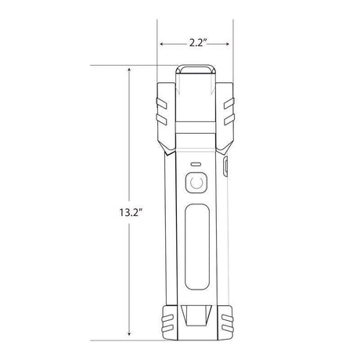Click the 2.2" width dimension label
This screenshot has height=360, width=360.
pyautogui.click(x=196, y=35)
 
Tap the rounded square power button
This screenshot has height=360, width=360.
pyautogui.click(x=196, y=185)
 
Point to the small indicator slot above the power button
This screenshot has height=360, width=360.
pyautogui.click(x=196, y=165)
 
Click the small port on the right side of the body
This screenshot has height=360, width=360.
pyautogui.click(x=225, y=166)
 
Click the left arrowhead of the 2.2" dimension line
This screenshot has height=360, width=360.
pyautogui.click(x=161, y=45)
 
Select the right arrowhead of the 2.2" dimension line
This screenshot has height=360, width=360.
pyautogui.click(x=230, y=45)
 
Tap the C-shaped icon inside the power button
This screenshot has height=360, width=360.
pyautogui.click(x=196, y=185)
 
